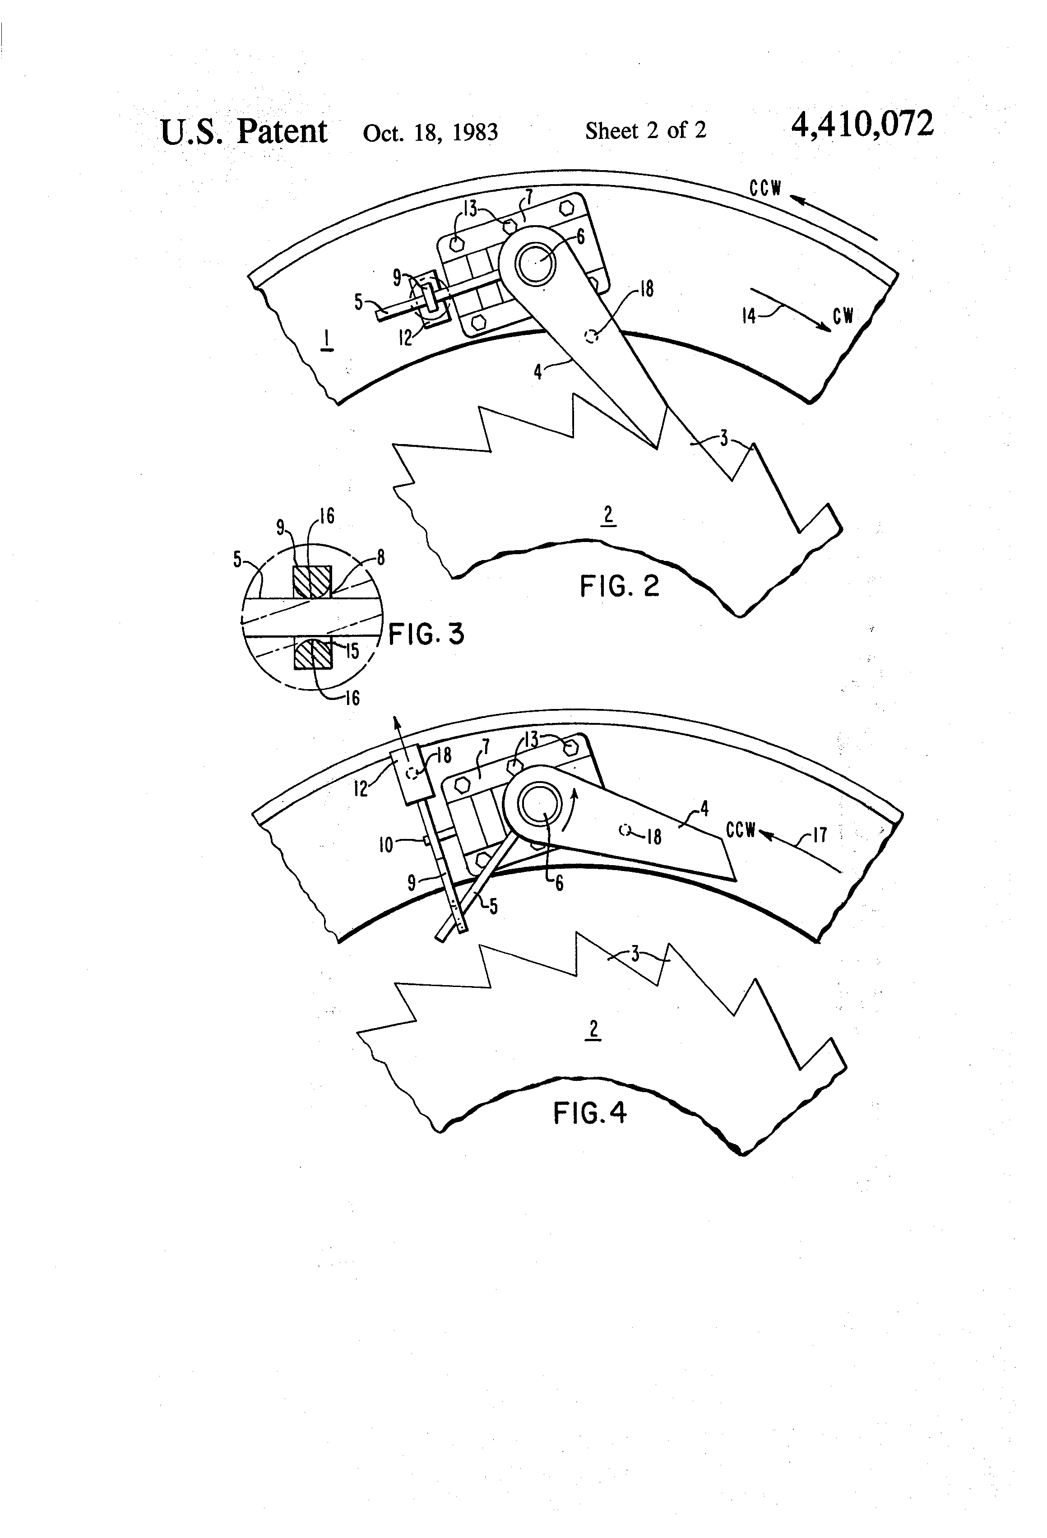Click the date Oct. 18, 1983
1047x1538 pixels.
click(x=430, y=132)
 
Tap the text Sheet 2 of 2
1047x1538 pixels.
click(x=645, y=130)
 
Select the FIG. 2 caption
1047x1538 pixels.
click(x=620, y=586)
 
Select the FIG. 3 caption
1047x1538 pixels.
click(x=426, y=635)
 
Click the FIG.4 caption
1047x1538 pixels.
click(x=590, y=1113)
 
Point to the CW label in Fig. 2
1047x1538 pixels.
click(x=843, y=316)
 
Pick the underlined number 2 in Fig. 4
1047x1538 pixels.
click(x=593, y=1029)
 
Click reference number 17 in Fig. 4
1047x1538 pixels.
click(x=820, y=835)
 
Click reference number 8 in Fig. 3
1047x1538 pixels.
click(x=380, y=558)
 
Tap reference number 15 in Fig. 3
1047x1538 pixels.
click(x=353, y=651)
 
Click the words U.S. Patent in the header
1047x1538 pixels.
click(x=244, y=131)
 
